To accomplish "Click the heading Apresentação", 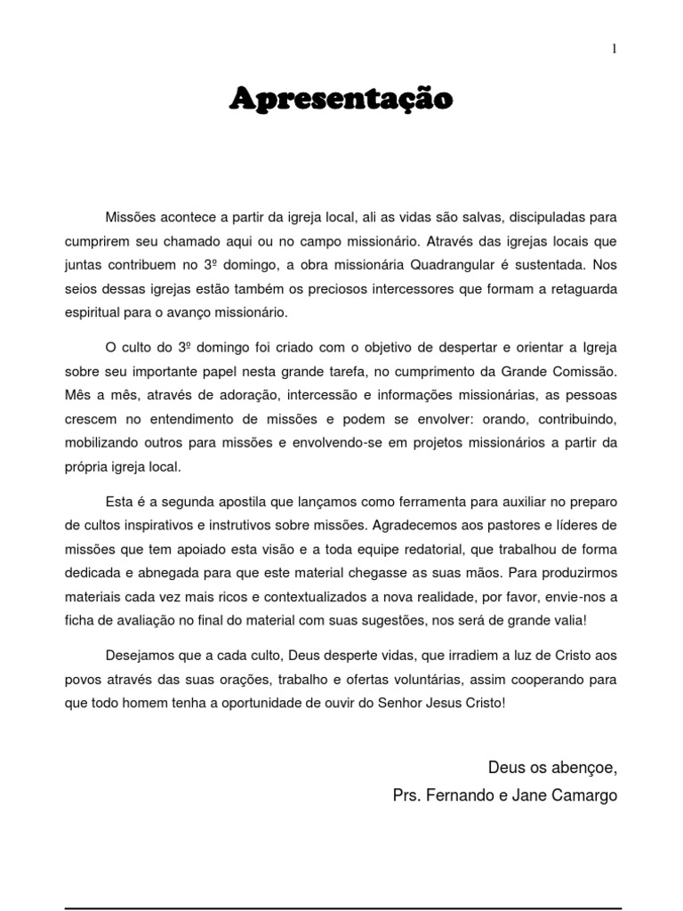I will coord(341,99).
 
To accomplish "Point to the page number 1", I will coord(614,50).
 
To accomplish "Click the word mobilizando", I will coord(100,442).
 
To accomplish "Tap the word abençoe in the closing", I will coord(583,767).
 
